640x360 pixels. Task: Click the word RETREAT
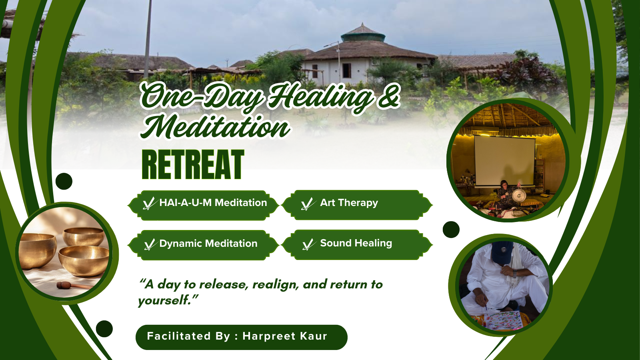point(193,164)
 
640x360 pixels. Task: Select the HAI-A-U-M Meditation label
point(213,202)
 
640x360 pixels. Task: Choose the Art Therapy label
point(349,202)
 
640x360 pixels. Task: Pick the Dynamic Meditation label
point(208,244)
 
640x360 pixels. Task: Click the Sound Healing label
point(356,243)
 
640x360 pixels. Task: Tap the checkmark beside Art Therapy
point(308,204)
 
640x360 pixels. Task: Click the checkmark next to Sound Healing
point(308,244)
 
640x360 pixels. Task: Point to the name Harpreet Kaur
point(284,336)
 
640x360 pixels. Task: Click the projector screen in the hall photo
point(504,161)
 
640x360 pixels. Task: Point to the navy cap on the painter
point(502,252)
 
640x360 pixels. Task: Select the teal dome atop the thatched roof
point(363,36)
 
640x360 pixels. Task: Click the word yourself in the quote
point(164,300)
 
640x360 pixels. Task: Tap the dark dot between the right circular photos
point(451,230)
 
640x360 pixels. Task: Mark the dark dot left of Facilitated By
point(104,328)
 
